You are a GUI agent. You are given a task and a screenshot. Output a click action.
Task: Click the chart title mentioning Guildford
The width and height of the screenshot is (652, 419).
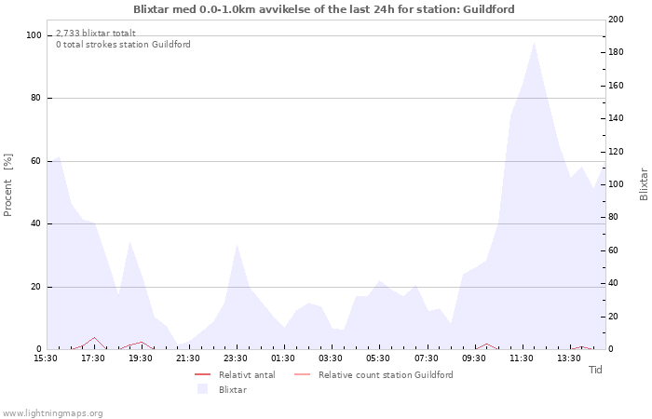click(x=323, y=9)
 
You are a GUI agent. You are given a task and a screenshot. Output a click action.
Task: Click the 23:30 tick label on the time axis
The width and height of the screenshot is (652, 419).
click(x=236, y=358)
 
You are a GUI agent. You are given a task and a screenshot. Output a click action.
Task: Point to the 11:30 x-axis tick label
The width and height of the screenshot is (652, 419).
click(x=523, y=358)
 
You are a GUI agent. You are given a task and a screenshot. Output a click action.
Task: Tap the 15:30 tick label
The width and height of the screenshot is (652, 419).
click(x=45, y=358)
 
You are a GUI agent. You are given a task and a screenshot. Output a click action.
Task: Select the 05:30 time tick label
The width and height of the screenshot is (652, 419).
click(x=379, y=358)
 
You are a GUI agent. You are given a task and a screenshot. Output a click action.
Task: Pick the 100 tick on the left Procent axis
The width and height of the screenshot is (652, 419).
click(x=34, y=35)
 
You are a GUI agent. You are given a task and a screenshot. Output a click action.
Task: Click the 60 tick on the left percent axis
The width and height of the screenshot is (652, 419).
click(x=36, y=161)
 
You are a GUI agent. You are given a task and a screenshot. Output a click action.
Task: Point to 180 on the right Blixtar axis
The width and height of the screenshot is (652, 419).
click(x=615, y=52)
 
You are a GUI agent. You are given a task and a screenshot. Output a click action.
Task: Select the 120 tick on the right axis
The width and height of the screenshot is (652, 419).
click(x=615, y=152)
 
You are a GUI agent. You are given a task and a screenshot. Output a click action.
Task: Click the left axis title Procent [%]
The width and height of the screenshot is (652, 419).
click(x=8, y=184)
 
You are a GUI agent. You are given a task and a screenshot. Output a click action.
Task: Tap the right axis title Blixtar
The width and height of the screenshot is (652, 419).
click(x=643, y=184)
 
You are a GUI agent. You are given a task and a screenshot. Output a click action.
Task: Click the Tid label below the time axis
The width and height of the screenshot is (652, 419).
click(x=595, y=370)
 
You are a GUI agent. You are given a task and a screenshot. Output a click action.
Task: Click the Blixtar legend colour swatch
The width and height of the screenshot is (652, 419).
click(x=202, y=389)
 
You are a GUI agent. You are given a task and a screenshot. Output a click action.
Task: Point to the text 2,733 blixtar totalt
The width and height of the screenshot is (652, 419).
click(x=95, y=33)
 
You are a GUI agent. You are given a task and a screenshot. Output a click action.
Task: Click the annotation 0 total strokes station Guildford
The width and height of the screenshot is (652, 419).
click(x=123, y=45)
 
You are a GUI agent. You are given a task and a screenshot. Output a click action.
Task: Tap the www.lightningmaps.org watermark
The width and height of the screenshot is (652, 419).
click(x=53, y=412)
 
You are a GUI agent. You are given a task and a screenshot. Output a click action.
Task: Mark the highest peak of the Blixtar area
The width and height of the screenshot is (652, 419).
click(x=534, y=43)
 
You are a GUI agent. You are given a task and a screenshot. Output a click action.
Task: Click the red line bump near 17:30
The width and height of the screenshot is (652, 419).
click(x=94, y=338)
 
